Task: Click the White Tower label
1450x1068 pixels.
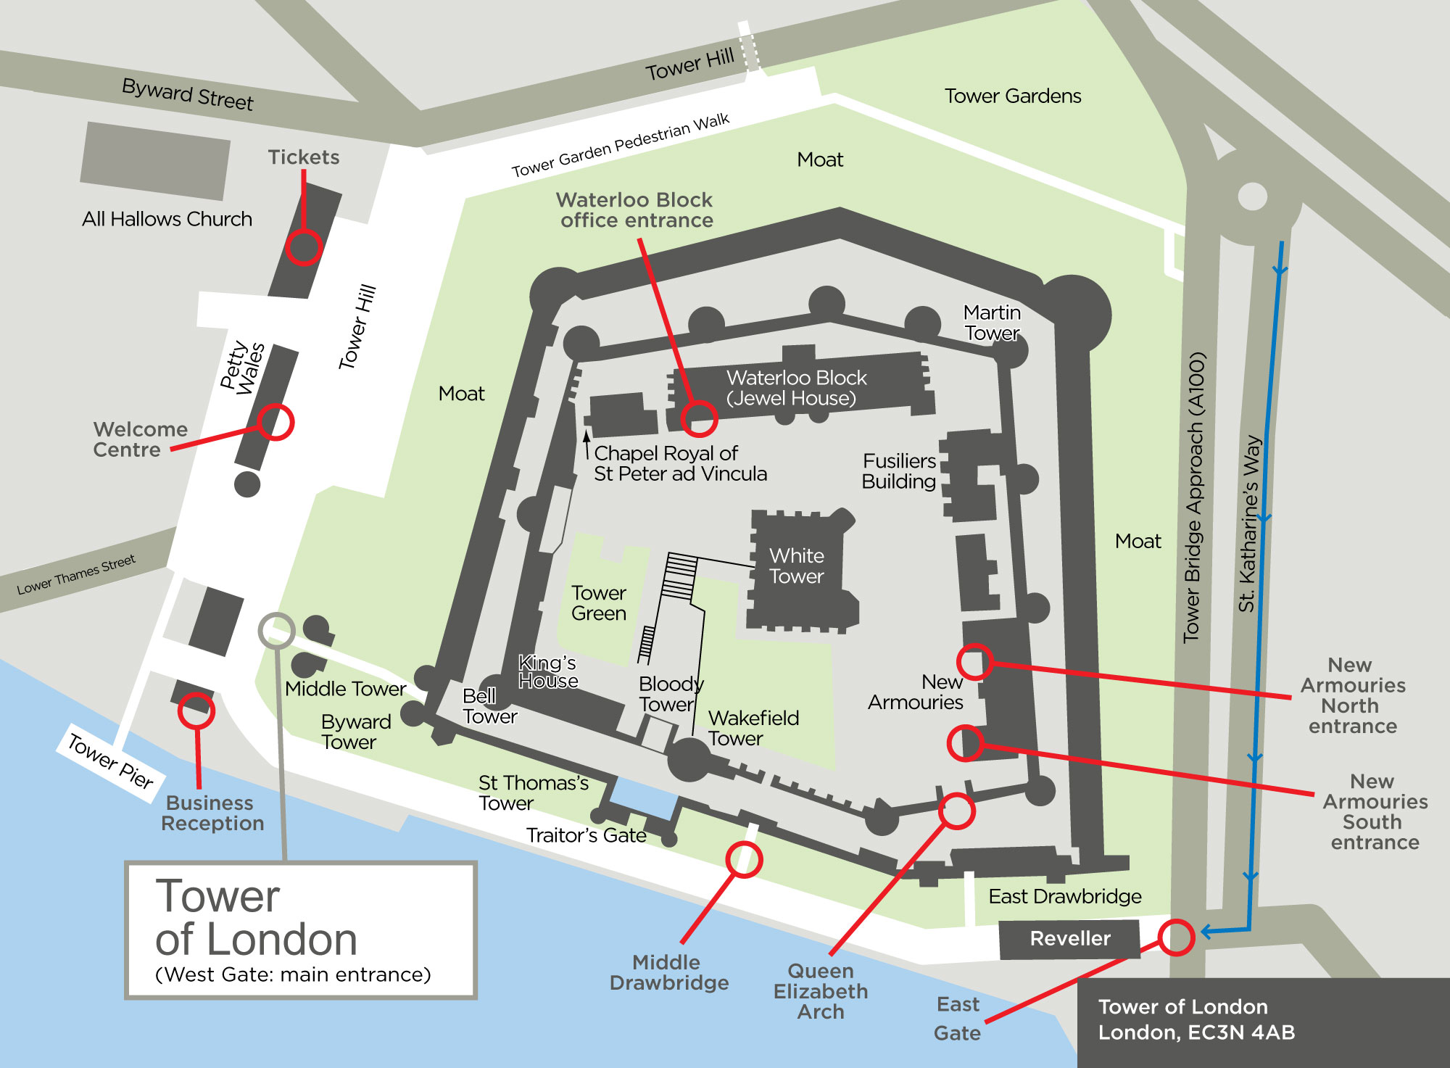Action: (x=796, y=566)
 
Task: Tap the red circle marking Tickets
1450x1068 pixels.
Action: (x=303, y=247)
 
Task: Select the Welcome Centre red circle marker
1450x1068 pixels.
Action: (x=275, y=422)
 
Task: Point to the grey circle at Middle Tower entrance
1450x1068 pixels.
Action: (x=276, y=630)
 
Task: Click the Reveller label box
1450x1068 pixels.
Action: (x=1069, y=939)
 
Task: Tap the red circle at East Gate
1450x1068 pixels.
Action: (x=1176, y=937)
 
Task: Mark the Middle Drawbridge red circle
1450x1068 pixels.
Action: (x=744, y=860)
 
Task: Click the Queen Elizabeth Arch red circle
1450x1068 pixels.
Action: (x=956, y=811)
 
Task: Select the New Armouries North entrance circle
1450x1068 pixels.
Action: (x=974, y=661)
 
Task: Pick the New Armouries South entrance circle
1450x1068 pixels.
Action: (x=966, y=743)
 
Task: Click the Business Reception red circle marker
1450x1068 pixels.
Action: (x=196, y=711)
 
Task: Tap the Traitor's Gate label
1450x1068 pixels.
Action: (x=586, y=836)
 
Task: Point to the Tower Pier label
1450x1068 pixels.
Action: (x=110, y=761)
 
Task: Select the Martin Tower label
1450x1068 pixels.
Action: (x=992, y=323)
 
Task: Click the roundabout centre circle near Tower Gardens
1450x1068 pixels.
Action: (x=1252, y=196)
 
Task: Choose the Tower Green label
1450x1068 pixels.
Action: (x=598, y=603)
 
